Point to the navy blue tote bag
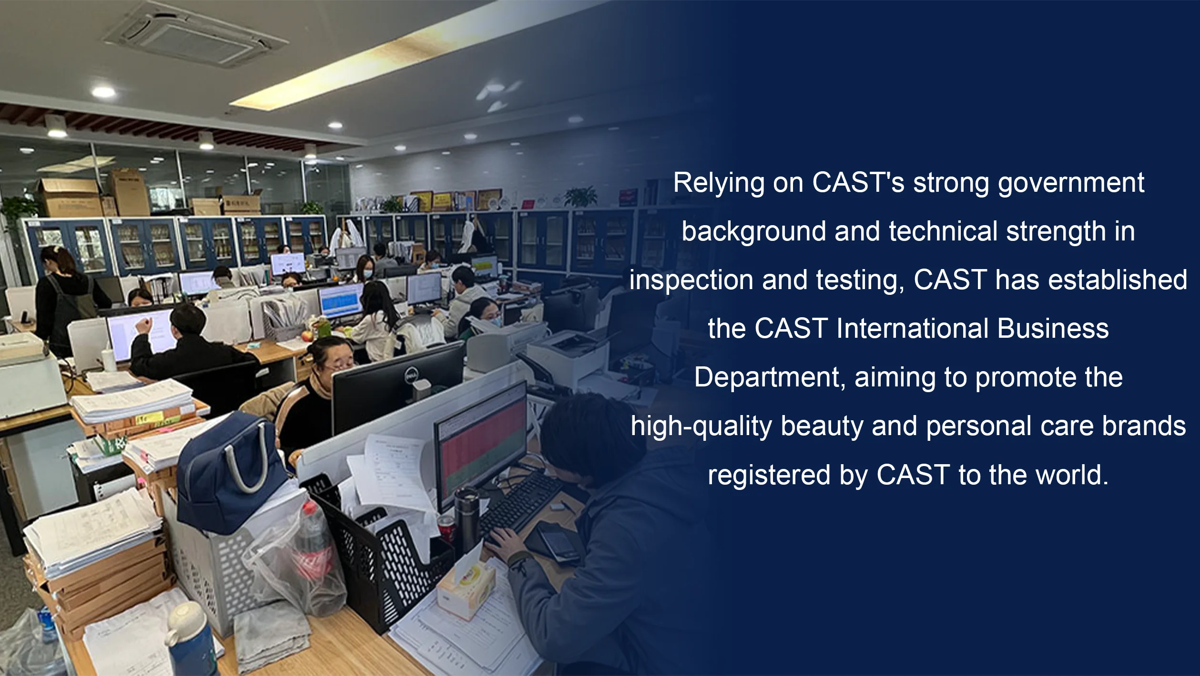coord(231,472)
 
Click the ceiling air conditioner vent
coord(195,34)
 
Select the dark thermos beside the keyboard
coord(467,520)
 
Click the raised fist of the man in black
coord(142,326)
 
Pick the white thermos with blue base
coord(191,639)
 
